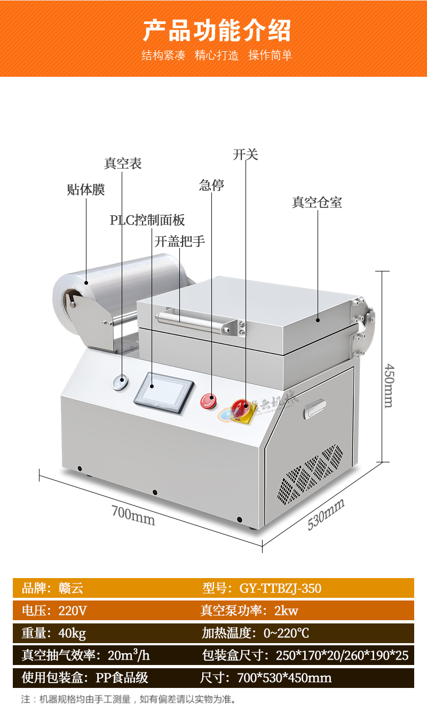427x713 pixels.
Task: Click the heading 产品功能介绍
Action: coord(217,30)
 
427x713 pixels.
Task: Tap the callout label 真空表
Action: coord(123,164)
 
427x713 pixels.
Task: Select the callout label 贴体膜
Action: coord(86,190)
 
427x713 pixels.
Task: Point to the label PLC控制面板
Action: coord(147,220)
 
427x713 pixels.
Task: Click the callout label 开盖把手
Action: coord(180,242)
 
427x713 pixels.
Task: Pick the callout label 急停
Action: coord(211,186)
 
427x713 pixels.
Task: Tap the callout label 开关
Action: coord(246,155)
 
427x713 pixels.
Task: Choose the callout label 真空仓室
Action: coord(317,203)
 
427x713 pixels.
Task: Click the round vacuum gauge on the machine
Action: coord(120,381)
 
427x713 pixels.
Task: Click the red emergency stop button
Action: coord(207,400)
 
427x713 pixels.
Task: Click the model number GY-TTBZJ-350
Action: coord(280,588)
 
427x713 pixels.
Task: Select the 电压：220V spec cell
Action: coord(54,611)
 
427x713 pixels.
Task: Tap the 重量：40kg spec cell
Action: coord(54,633)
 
